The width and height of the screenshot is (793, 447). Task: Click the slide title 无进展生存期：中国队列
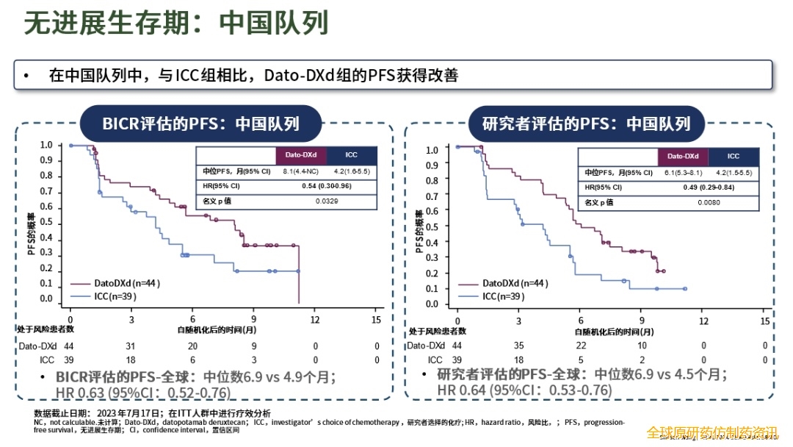175,24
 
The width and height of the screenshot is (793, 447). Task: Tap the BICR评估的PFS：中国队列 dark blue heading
200,122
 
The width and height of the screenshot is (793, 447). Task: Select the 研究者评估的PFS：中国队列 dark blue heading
586,123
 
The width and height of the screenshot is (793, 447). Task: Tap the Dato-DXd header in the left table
300,156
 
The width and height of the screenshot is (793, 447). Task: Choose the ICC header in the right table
734,157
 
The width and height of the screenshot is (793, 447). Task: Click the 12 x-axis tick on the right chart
703,321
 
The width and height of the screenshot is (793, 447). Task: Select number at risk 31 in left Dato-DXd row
131,346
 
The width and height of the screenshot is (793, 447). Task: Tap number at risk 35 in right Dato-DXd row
518,346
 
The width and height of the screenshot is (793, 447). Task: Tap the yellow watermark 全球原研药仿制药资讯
711,433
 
